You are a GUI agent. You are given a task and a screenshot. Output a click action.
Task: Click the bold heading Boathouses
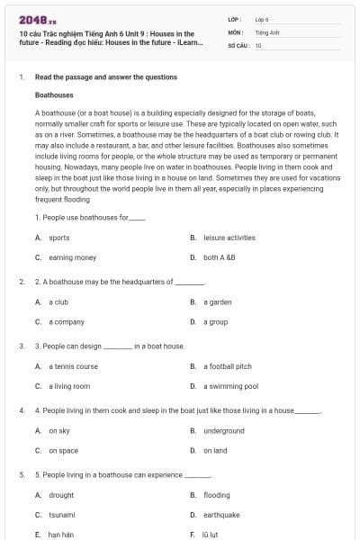54,94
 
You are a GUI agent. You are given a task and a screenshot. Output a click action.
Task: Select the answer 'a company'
66,321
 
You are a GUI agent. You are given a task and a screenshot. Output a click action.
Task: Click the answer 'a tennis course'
73,366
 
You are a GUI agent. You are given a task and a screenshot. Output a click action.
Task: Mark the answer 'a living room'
69,386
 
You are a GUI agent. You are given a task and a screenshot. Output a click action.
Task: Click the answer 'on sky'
59,430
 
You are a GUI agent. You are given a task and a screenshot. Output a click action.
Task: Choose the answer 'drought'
61,495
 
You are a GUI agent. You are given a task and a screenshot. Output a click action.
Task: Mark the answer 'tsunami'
61,515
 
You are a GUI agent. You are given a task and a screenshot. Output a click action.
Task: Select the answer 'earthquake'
221,515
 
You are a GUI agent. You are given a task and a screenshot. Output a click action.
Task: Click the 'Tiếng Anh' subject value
265,31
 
